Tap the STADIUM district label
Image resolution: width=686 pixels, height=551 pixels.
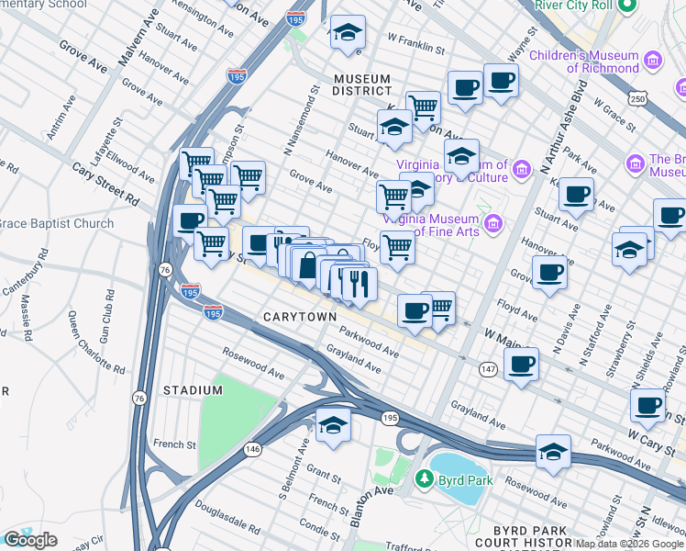[193, 390]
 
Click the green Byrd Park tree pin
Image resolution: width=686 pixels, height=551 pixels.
[424, 478]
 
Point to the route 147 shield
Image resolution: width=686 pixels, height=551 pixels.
[487, 368]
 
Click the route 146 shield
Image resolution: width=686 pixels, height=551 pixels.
[253, 449]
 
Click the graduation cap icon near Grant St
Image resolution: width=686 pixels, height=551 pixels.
[333, 425]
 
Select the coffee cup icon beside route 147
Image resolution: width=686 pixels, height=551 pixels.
[521, 364]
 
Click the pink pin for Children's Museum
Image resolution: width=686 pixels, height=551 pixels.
[653, 61]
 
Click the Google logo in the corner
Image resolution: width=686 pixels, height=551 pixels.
[30, 540]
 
